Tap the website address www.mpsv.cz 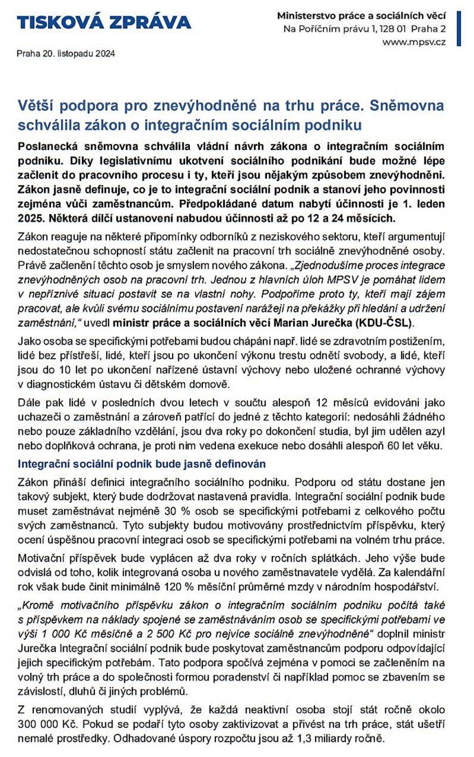(x=414, y=42)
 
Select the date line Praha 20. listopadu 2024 (x=66, y=54)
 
